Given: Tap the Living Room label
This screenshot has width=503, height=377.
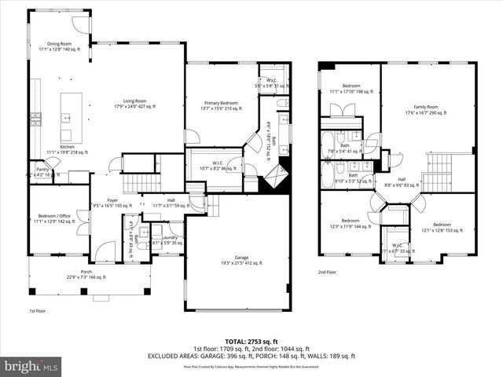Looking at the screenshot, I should tap(130, 103).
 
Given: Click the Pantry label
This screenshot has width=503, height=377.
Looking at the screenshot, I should tap(42, 170).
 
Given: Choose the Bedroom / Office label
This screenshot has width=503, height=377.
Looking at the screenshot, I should tap(54, 218).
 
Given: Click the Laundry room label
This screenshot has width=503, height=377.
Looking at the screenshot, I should tap(167, 240).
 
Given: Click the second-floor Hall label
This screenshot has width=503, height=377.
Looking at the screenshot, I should tap(401, 181).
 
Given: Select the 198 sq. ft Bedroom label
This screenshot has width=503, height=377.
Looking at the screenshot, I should tap(350, 89).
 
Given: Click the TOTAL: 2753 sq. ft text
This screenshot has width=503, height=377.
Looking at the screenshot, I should tap(251, 342).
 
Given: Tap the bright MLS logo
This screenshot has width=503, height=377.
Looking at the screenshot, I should tap(31, 366).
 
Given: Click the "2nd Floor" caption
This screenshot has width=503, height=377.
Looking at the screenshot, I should tap(327, 272).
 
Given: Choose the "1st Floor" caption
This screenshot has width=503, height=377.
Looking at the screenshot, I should tap(37, 311).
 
